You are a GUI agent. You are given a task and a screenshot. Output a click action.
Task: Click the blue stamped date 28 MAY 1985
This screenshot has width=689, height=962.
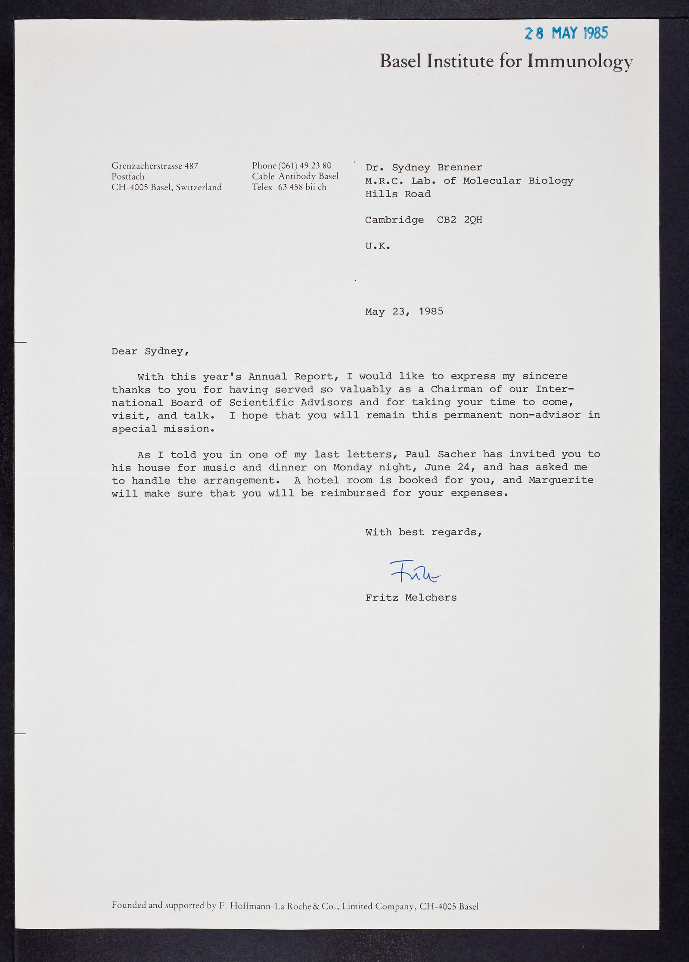(566, 33)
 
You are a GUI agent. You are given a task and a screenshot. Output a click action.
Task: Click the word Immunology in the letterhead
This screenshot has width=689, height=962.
(580, 62)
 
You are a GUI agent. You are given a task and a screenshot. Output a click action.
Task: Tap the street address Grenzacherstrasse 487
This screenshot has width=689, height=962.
(155, 166)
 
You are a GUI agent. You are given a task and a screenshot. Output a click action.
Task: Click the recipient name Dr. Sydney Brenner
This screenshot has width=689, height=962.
(424, 168)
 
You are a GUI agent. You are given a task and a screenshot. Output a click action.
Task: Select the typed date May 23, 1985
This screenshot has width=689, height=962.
(404, 311)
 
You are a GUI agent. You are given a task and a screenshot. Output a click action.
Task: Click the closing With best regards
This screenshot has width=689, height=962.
(423, 532)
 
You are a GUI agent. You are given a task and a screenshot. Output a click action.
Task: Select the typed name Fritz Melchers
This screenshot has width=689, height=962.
(411, 598)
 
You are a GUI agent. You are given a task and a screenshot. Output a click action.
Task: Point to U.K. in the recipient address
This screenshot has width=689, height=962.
(378, 246)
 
